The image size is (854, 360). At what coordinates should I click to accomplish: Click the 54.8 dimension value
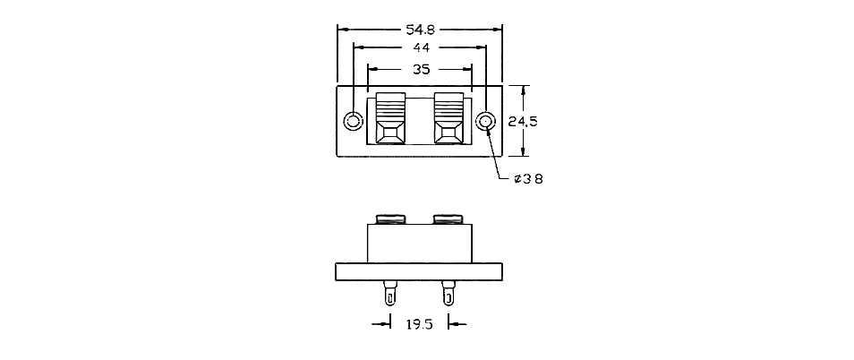420,29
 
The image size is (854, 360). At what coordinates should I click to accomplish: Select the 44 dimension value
421,48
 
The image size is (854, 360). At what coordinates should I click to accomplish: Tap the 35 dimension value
422,69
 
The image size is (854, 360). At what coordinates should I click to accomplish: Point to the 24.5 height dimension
523,122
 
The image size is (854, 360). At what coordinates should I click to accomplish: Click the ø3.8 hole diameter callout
528,178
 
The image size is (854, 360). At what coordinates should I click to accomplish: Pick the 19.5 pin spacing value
419,324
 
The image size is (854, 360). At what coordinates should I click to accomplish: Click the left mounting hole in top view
354,121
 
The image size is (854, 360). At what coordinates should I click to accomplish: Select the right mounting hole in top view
485,122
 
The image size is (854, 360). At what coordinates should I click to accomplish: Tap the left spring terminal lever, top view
391,118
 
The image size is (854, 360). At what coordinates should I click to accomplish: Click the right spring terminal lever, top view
448,118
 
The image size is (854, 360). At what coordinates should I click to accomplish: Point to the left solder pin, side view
390,293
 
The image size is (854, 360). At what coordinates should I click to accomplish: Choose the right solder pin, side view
448,293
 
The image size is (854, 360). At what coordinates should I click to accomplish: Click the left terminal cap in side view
391,219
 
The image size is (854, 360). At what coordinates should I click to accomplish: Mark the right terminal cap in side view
448,219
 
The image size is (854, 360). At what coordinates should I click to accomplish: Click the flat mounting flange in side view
419,271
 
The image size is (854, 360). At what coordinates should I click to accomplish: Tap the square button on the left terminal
391,133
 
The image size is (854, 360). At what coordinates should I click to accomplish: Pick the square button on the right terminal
448,133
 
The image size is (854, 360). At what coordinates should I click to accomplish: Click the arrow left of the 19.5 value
381,324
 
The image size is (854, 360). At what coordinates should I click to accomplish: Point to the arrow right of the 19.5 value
457,324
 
